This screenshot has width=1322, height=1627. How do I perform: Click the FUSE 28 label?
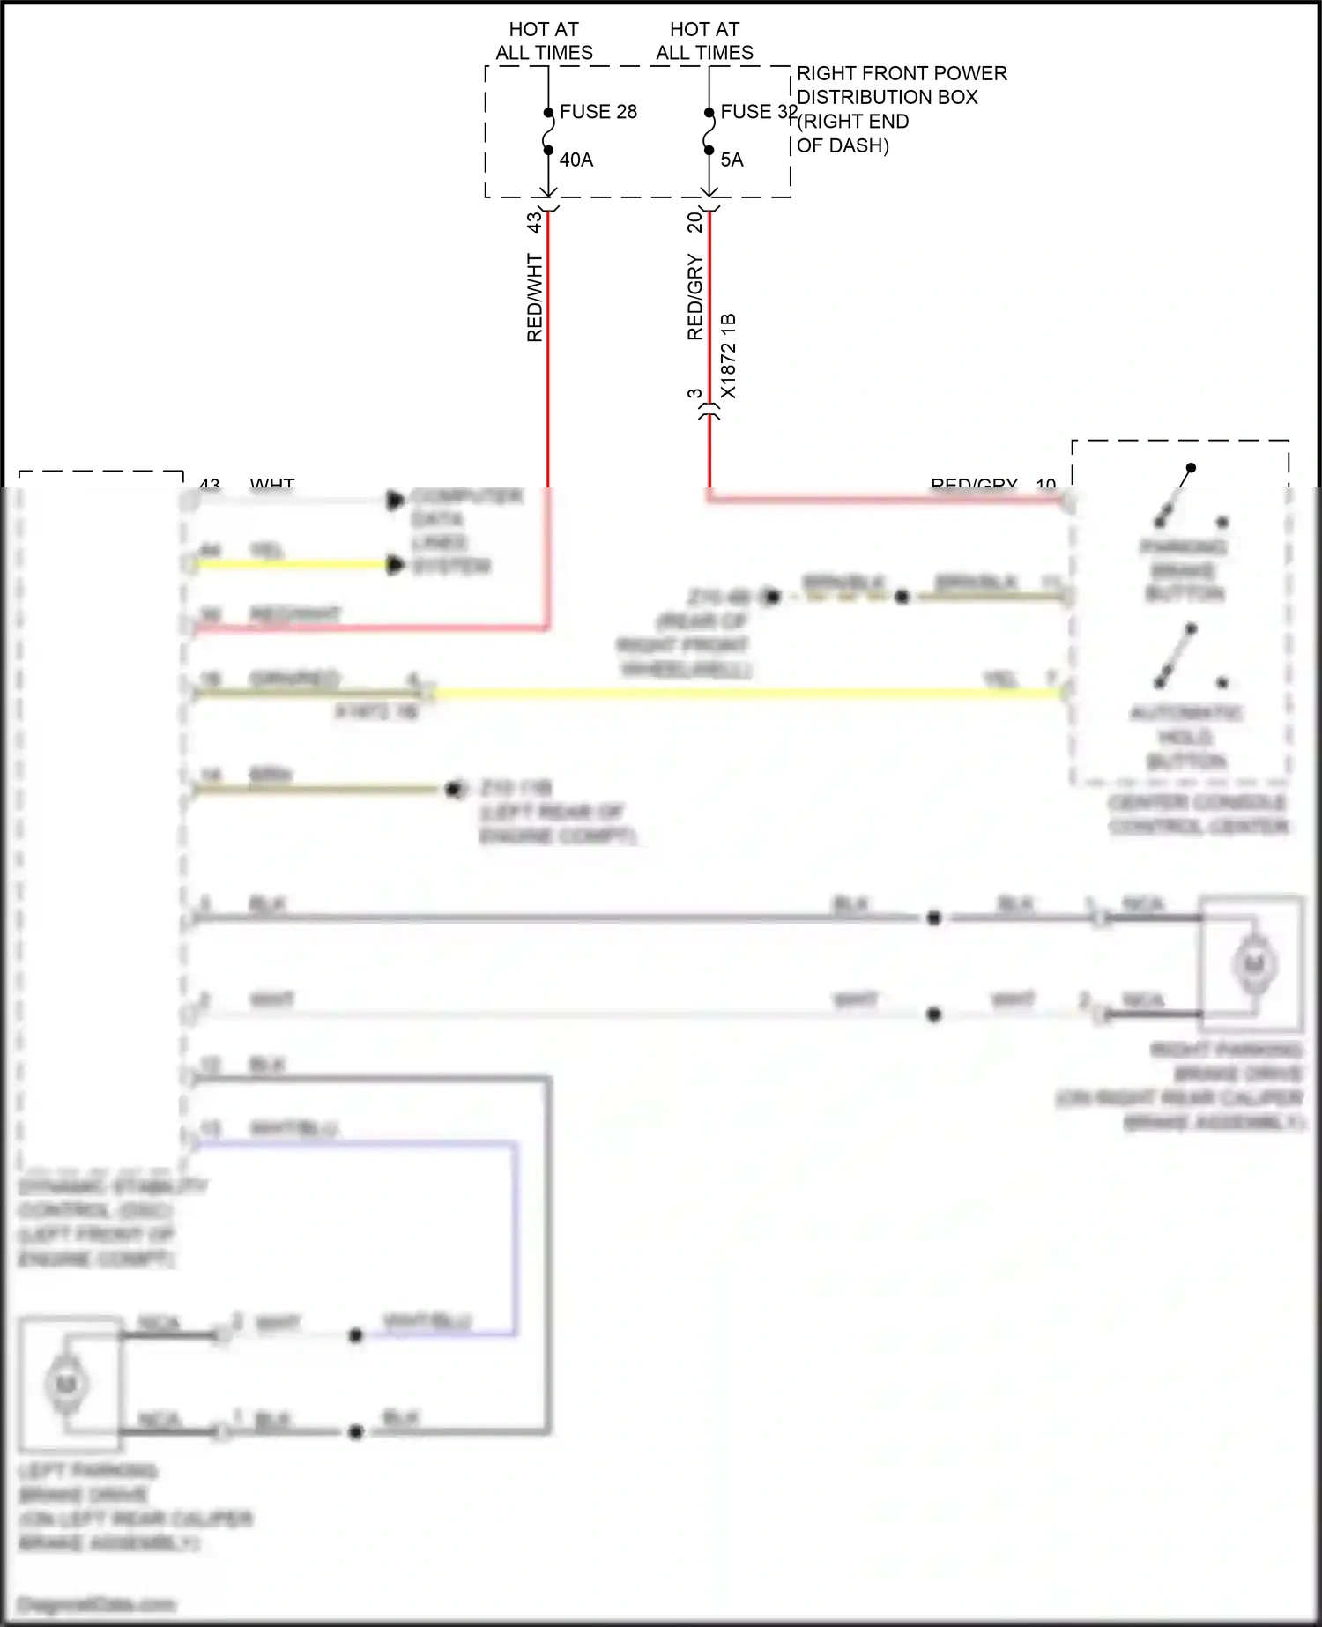pos(598,112)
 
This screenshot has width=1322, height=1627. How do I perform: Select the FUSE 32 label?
pos(758,112)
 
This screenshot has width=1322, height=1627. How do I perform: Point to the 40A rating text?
pos(576,160)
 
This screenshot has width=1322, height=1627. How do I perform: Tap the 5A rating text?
pos(732,160)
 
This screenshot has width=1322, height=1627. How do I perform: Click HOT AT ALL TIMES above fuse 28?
pos(544,41)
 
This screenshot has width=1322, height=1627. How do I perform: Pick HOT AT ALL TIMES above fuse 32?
pos(704,41)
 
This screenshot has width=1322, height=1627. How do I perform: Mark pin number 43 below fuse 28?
pos(534,221)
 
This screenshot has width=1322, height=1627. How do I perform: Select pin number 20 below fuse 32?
pos(694,221)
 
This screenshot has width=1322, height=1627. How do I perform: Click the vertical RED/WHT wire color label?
pos(534,298)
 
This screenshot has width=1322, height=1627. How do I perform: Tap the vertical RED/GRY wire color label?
pos(694,298)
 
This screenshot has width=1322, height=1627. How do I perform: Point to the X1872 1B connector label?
pos(728,355)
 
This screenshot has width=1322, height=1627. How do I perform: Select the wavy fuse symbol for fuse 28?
pos(547,131)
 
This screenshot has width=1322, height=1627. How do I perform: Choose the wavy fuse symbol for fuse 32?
pos(709,131)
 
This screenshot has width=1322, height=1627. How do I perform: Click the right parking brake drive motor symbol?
pos(1253,963)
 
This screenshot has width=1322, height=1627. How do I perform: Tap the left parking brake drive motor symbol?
pos(66,1384)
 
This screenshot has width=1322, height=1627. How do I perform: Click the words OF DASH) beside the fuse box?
pos(843,145)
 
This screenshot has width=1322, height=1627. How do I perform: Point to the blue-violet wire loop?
pos(515,1234)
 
